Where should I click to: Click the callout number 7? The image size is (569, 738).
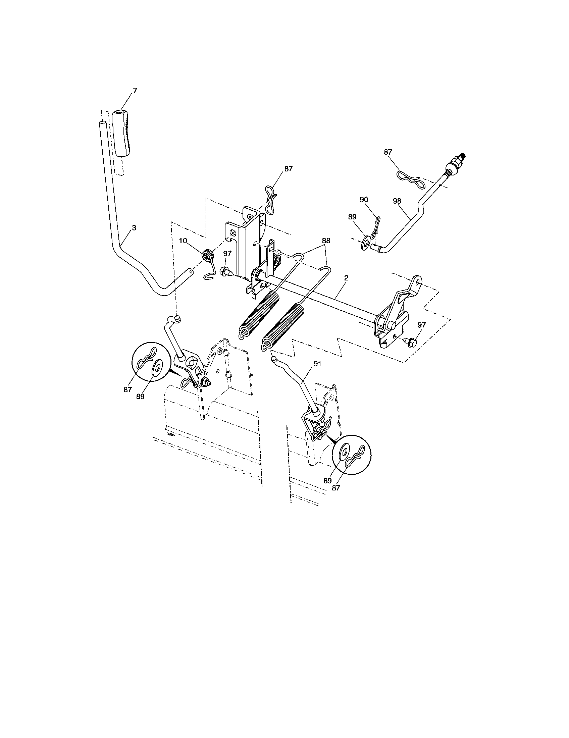135,91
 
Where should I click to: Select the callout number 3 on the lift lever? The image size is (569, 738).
134,228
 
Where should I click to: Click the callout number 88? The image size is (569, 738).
326,241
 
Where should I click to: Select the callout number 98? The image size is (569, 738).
397,201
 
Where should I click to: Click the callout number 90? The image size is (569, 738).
364,200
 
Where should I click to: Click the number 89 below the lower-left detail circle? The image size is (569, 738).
140,397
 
